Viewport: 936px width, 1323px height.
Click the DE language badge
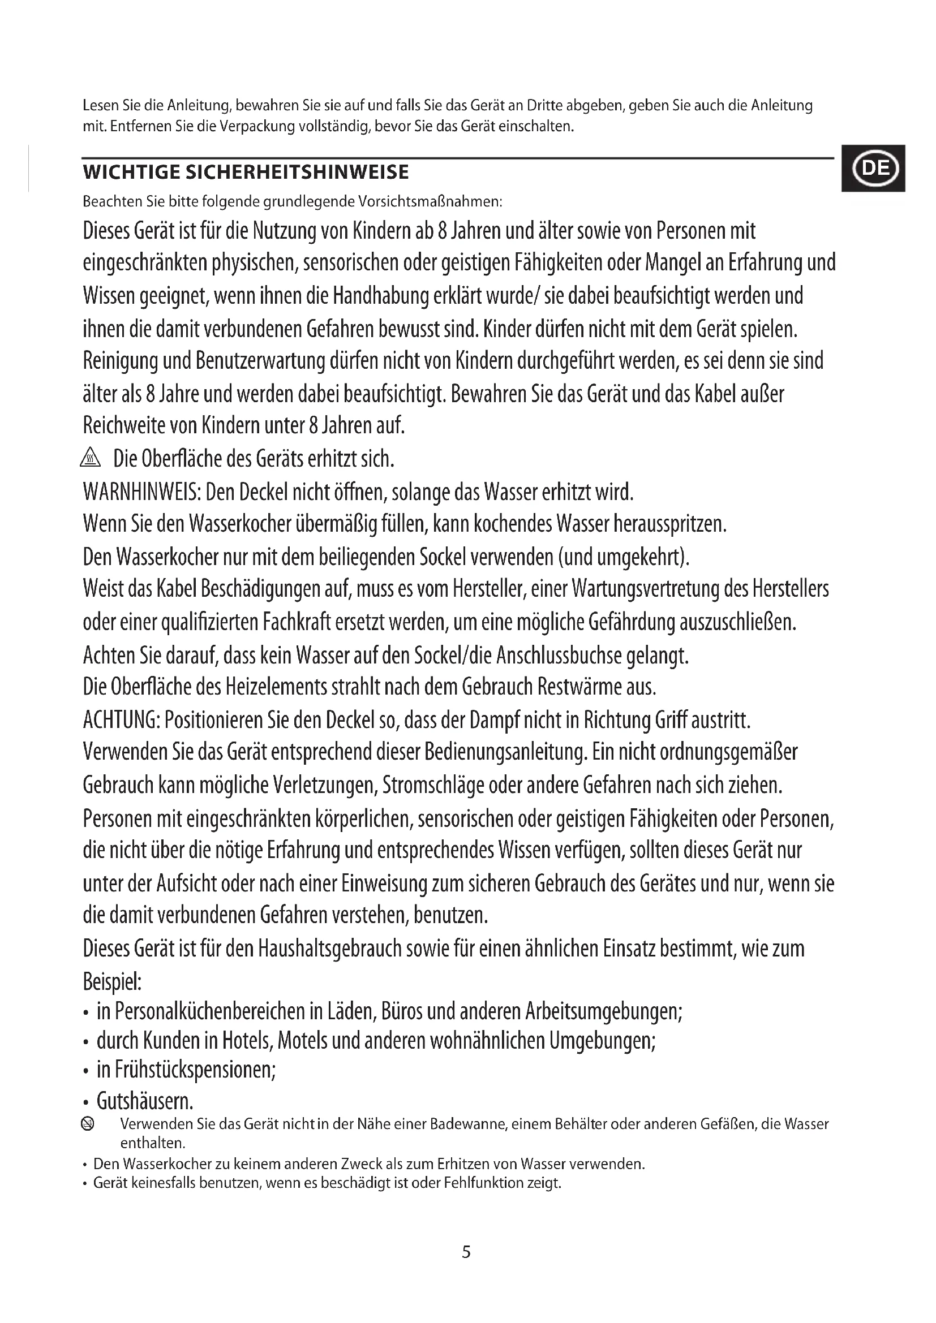click(x=873, y=168)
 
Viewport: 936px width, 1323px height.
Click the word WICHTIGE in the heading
click(x=131, y=172)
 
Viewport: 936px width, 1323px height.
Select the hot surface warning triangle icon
click(x=91, y=459)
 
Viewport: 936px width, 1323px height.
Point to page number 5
click(x=466, y=1252)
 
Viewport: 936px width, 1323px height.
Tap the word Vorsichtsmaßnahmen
click(x=430, y=202)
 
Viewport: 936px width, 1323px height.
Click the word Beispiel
click(x=112, y=981)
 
